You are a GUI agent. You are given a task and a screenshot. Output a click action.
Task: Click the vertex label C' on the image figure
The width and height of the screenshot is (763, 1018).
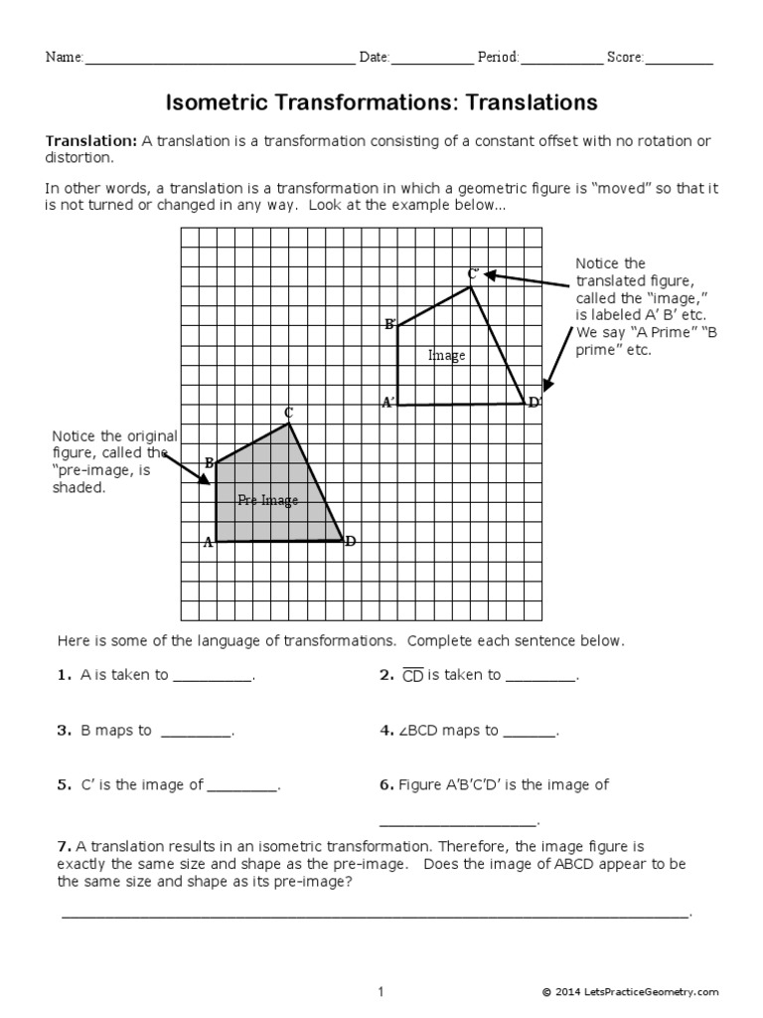click(x=474, y=273)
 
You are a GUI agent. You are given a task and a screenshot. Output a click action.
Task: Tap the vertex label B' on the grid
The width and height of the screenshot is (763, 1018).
click(x=390, y=324)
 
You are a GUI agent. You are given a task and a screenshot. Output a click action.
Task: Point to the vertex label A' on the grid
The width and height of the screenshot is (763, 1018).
click(x=388, y=403)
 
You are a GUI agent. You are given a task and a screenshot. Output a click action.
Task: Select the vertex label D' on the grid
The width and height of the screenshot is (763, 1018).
click(x=534, y=403)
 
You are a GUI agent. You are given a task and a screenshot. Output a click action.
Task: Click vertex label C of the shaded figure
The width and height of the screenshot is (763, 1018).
click(x=288, y=413)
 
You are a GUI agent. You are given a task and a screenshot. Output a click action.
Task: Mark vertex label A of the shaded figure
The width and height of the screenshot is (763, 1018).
click(x=208, y=542)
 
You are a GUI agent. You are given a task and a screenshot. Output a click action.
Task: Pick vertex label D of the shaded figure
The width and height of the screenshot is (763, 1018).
click(x=350, y=542)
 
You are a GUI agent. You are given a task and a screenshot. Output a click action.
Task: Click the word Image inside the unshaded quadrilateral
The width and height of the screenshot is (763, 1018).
click(x=446, y=355)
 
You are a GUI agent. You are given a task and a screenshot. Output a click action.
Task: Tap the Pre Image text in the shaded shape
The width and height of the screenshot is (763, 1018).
click(x=267, y=500)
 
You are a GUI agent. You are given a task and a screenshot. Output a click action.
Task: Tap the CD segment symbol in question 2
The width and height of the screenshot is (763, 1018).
click(x=413, y=676)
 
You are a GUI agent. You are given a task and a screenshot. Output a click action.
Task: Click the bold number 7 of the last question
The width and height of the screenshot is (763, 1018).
click(x=62, y=846)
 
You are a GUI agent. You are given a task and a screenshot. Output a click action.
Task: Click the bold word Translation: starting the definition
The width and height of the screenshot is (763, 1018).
click(x=91, y=141)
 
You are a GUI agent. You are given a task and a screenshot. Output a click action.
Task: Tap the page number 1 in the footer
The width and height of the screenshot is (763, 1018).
click(x=381, y=991)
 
